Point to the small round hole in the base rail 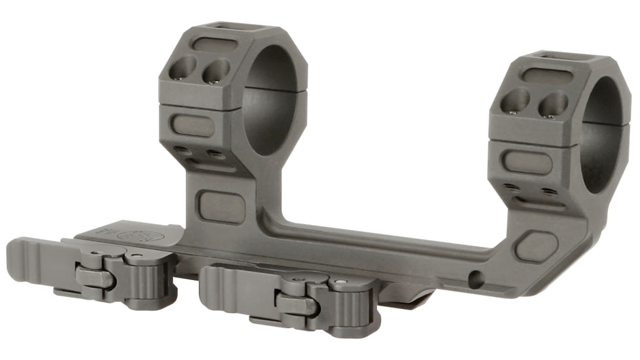476,279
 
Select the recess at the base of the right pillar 536,247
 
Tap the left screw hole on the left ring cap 183,67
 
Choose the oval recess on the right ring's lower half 524,161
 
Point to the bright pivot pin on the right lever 346,283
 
